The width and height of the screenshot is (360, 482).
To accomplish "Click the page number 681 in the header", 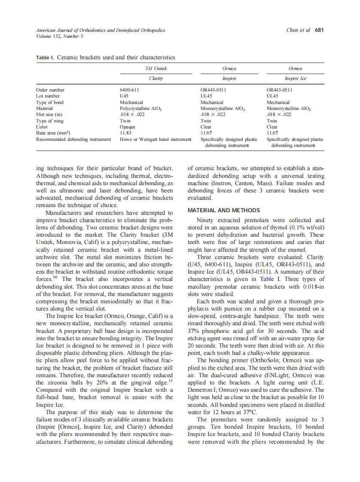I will [x=319, y=30].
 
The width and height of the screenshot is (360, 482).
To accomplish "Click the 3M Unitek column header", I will [x=156, y=68].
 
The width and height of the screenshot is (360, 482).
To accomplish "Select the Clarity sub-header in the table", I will [x=156, y=79].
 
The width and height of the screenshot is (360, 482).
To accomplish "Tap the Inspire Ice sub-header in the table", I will [x=295, y=79].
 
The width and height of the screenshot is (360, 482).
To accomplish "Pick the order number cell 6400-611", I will [x=129, y=90].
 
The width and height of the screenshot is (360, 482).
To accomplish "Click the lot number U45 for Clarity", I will [x=124, y=96].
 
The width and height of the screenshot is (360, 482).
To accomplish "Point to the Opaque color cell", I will [x=128, y=127].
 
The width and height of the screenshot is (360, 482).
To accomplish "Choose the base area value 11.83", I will [x=125, y=133].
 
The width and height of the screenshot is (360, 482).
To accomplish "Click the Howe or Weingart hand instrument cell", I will [x=155, y=139].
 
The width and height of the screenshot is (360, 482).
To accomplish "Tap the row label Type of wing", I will [x=50, y=121].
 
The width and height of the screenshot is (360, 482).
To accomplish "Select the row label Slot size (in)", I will [x=49, y=115].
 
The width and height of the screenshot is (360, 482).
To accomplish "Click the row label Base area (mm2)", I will [x=53, y=133].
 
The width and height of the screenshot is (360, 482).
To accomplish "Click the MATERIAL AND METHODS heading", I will [x=224, y=210].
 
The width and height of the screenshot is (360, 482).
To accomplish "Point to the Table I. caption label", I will [x=43, y=57].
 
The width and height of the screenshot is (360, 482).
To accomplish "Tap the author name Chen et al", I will [x=298, y=30].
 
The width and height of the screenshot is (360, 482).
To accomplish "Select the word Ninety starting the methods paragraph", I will [x=205, y=220].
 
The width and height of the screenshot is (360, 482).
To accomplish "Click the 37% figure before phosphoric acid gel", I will [x=194, y=331].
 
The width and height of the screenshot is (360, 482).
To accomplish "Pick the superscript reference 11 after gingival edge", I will [x=170, y=381].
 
